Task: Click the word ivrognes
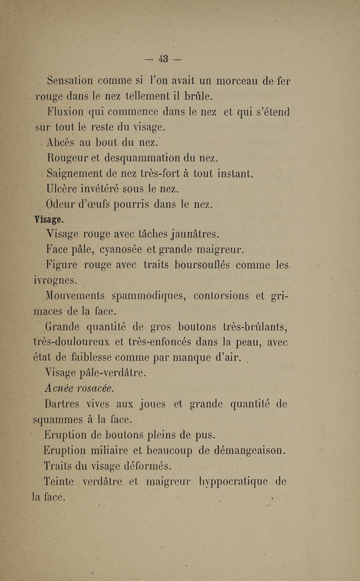pos(55,281)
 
